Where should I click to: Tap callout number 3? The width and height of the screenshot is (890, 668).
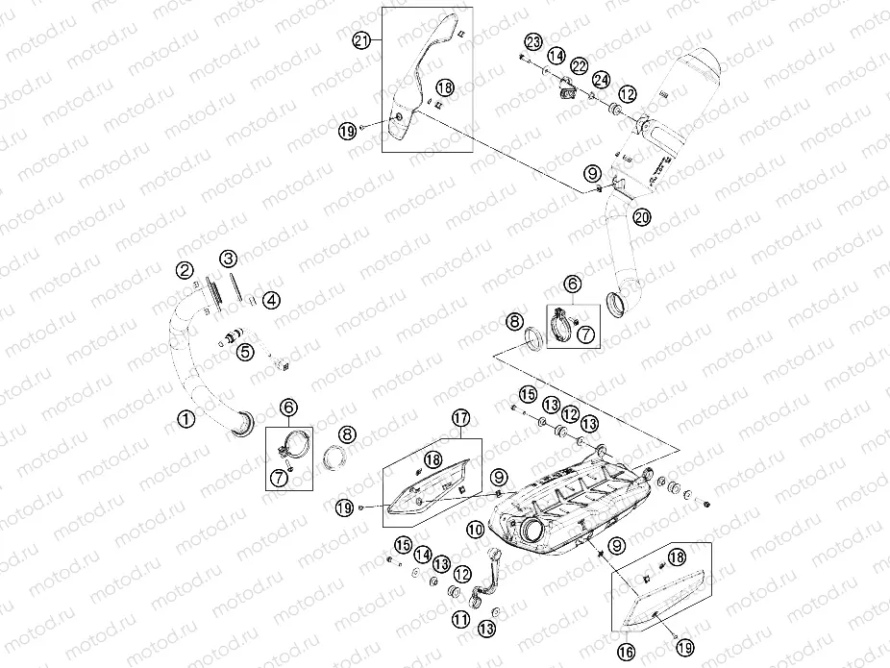pos(228,259)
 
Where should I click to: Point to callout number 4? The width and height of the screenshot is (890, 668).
pos(272,300)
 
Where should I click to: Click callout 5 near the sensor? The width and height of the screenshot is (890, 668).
pos(245,352)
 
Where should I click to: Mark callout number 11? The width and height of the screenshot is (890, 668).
pos(461,620)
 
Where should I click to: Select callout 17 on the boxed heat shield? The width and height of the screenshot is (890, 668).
pos(460,418)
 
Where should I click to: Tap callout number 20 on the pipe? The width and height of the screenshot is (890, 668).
pos(642,218)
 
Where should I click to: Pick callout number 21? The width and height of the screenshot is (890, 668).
pos(360,40)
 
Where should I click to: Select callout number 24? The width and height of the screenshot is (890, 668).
pos(601,79)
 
